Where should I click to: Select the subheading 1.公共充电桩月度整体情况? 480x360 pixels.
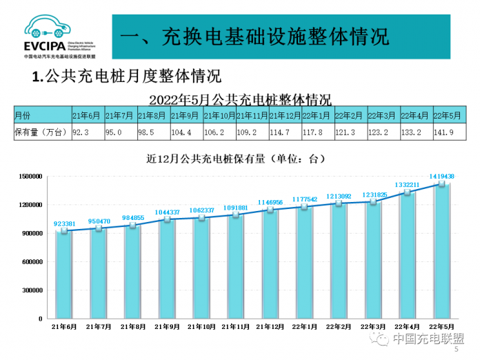(126, 76)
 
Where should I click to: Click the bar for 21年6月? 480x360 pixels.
(64, 276)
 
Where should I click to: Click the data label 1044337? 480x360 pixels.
(167, 212)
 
